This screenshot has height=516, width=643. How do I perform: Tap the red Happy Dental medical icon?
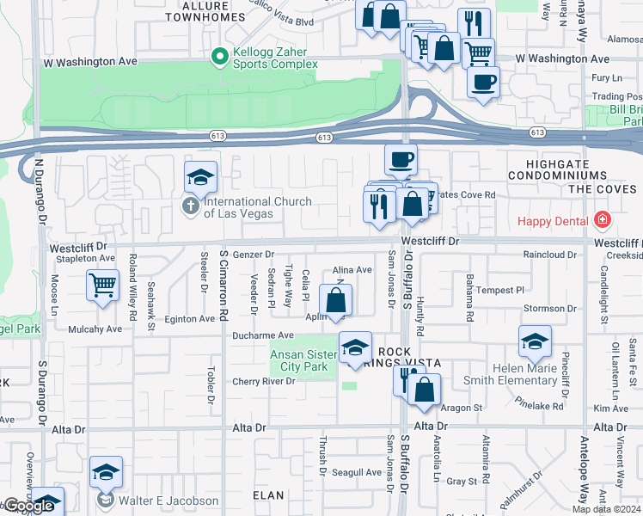tap(602, 221)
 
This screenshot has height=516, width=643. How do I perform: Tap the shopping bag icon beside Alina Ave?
tap(336, 300)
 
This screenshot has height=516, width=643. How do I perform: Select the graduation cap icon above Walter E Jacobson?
tap(106, 471)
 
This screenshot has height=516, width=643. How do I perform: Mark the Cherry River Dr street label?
tap(263, 381)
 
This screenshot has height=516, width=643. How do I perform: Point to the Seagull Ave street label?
tap(356, 472)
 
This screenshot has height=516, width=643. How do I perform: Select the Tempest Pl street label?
tap(500, 291)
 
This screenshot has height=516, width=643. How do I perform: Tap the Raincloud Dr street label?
tap(550, 255)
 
